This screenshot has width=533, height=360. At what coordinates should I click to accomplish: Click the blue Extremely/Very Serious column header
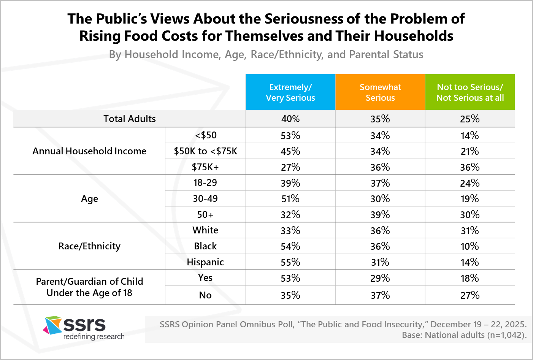point(290,92)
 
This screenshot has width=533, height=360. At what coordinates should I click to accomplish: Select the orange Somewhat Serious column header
point(380,92)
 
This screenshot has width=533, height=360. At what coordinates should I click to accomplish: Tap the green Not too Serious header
point(470,92)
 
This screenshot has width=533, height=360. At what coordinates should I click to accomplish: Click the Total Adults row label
point(130,119)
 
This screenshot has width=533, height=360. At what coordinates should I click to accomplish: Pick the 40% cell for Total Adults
point(290,119)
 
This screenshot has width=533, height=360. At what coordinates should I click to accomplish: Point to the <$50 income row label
point(206,135)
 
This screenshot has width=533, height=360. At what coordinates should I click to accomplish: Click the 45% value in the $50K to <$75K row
point(290,151)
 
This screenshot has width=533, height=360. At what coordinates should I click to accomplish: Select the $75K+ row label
point(205,167)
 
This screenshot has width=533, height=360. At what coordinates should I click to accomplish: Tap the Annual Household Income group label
point(89,151)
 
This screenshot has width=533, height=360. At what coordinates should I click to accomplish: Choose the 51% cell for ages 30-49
point(290,199)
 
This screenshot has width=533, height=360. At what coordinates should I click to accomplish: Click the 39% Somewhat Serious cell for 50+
point(380,215)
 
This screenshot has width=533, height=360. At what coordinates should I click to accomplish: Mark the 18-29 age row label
point(205,183)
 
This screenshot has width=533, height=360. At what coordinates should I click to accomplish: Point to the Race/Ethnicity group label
point(89,246)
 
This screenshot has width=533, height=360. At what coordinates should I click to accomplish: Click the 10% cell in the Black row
point(470,246)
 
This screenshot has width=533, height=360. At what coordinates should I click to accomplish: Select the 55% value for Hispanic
point(290,262)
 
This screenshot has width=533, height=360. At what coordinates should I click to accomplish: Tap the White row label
point(205,230)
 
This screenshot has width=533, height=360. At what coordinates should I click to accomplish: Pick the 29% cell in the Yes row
point(380,278)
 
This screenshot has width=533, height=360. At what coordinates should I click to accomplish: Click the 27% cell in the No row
point(470,295)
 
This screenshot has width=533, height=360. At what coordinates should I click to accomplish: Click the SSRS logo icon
point(53,325)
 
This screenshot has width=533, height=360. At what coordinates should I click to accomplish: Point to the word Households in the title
point(414,36)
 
